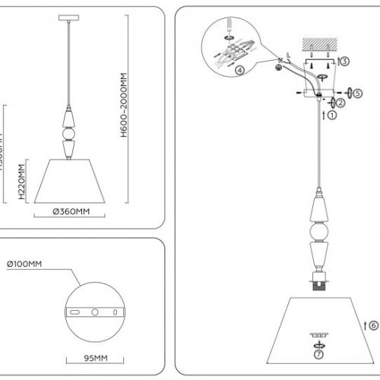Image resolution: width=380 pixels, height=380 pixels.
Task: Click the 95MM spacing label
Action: (94, 354)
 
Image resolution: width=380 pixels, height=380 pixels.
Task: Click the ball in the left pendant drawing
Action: (69, 136)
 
